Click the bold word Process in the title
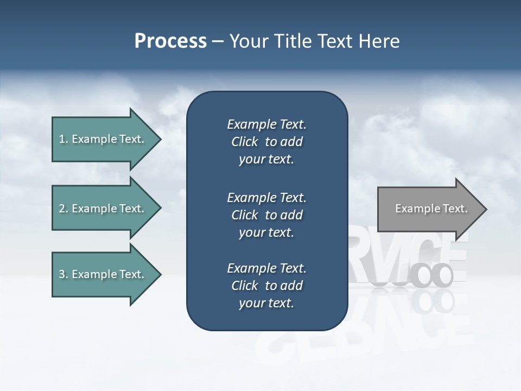[170, 41]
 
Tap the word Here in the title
[379, 41]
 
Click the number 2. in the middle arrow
[63, 209]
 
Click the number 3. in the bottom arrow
[63, 274]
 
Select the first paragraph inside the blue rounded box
[266, 142]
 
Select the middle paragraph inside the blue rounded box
[266, 215]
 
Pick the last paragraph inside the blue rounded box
[266, 286]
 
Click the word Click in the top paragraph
[244, 142]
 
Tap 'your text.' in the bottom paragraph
[266, 303]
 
